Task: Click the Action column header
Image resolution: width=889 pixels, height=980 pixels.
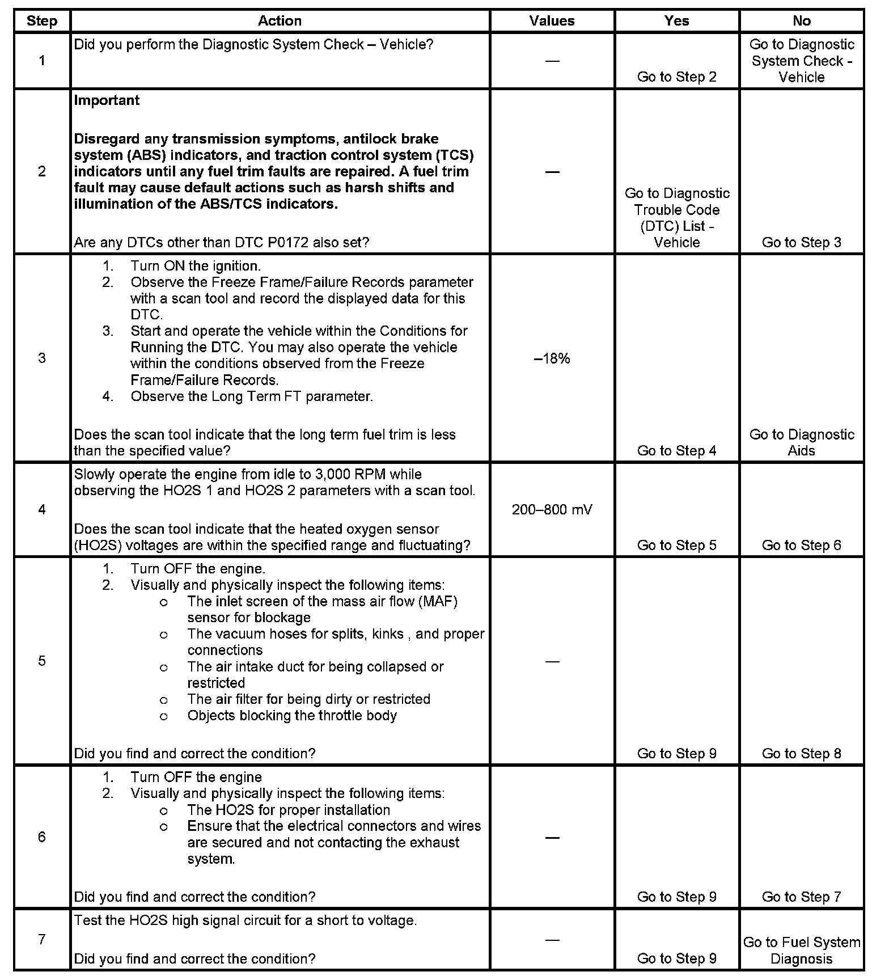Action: coord(280,21)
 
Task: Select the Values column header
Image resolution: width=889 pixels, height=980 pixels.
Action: coord(552,21)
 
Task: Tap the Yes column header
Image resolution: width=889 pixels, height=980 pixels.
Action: coord(676,21)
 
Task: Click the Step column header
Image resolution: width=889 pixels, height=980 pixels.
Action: coord(42,22)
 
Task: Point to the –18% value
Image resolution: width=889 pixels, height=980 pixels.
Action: coord(552,358)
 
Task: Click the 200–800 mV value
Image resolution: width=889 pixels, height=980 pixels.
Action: coord(552,510)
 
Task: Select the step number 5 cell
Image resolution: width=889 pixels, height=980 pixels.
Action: coord(42,661)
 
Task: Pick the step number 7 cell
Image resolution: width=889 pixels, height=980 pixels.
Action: coord(42,940)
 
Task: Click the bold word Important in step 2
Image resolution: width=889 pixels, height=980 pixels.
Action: coord(107,100)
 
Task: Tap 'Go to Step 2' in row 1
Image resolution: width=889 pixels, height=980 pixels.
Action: coord(676,77)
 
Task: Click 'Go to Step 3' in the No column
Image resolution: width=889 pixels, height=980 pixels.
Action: coord(801,243)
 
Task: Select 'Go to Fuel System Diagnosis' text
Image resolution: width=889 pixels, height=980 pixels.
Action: coord(801,951)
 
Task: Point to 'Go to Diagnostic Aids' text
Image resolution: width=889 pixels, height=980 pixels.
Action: coord(801,443)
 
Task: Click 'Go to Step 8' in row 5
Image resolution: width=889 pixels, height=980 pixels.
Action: coord(801,754)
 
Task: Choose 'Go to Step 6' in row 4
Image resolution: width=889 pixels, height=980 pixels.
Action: coord(801,546)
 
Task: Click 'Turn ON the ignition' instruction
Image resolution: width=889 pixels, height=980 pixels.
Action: coord(195,266)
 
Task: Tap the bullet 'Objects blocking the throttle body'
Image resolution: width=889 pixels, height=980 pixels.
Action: coord(292,716)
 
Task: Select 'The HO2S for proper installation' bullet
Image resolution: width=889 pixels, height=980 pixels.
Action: coord(289,810)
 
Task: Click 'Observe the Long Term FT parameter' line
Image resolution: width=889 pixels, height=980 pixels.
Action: coord(252,396)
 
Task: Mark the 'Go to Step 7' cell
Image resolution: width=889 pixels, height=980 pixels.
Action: coord(801,897)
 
